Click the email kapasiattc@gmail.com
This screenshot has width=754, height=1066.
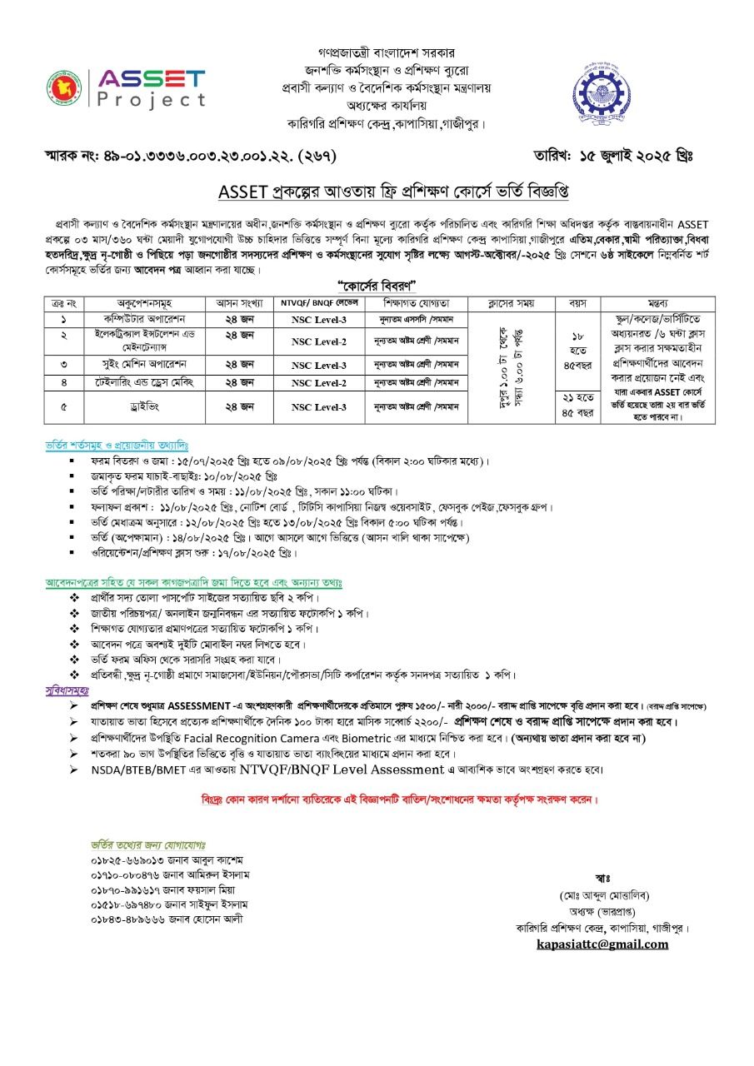(602, 944)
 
